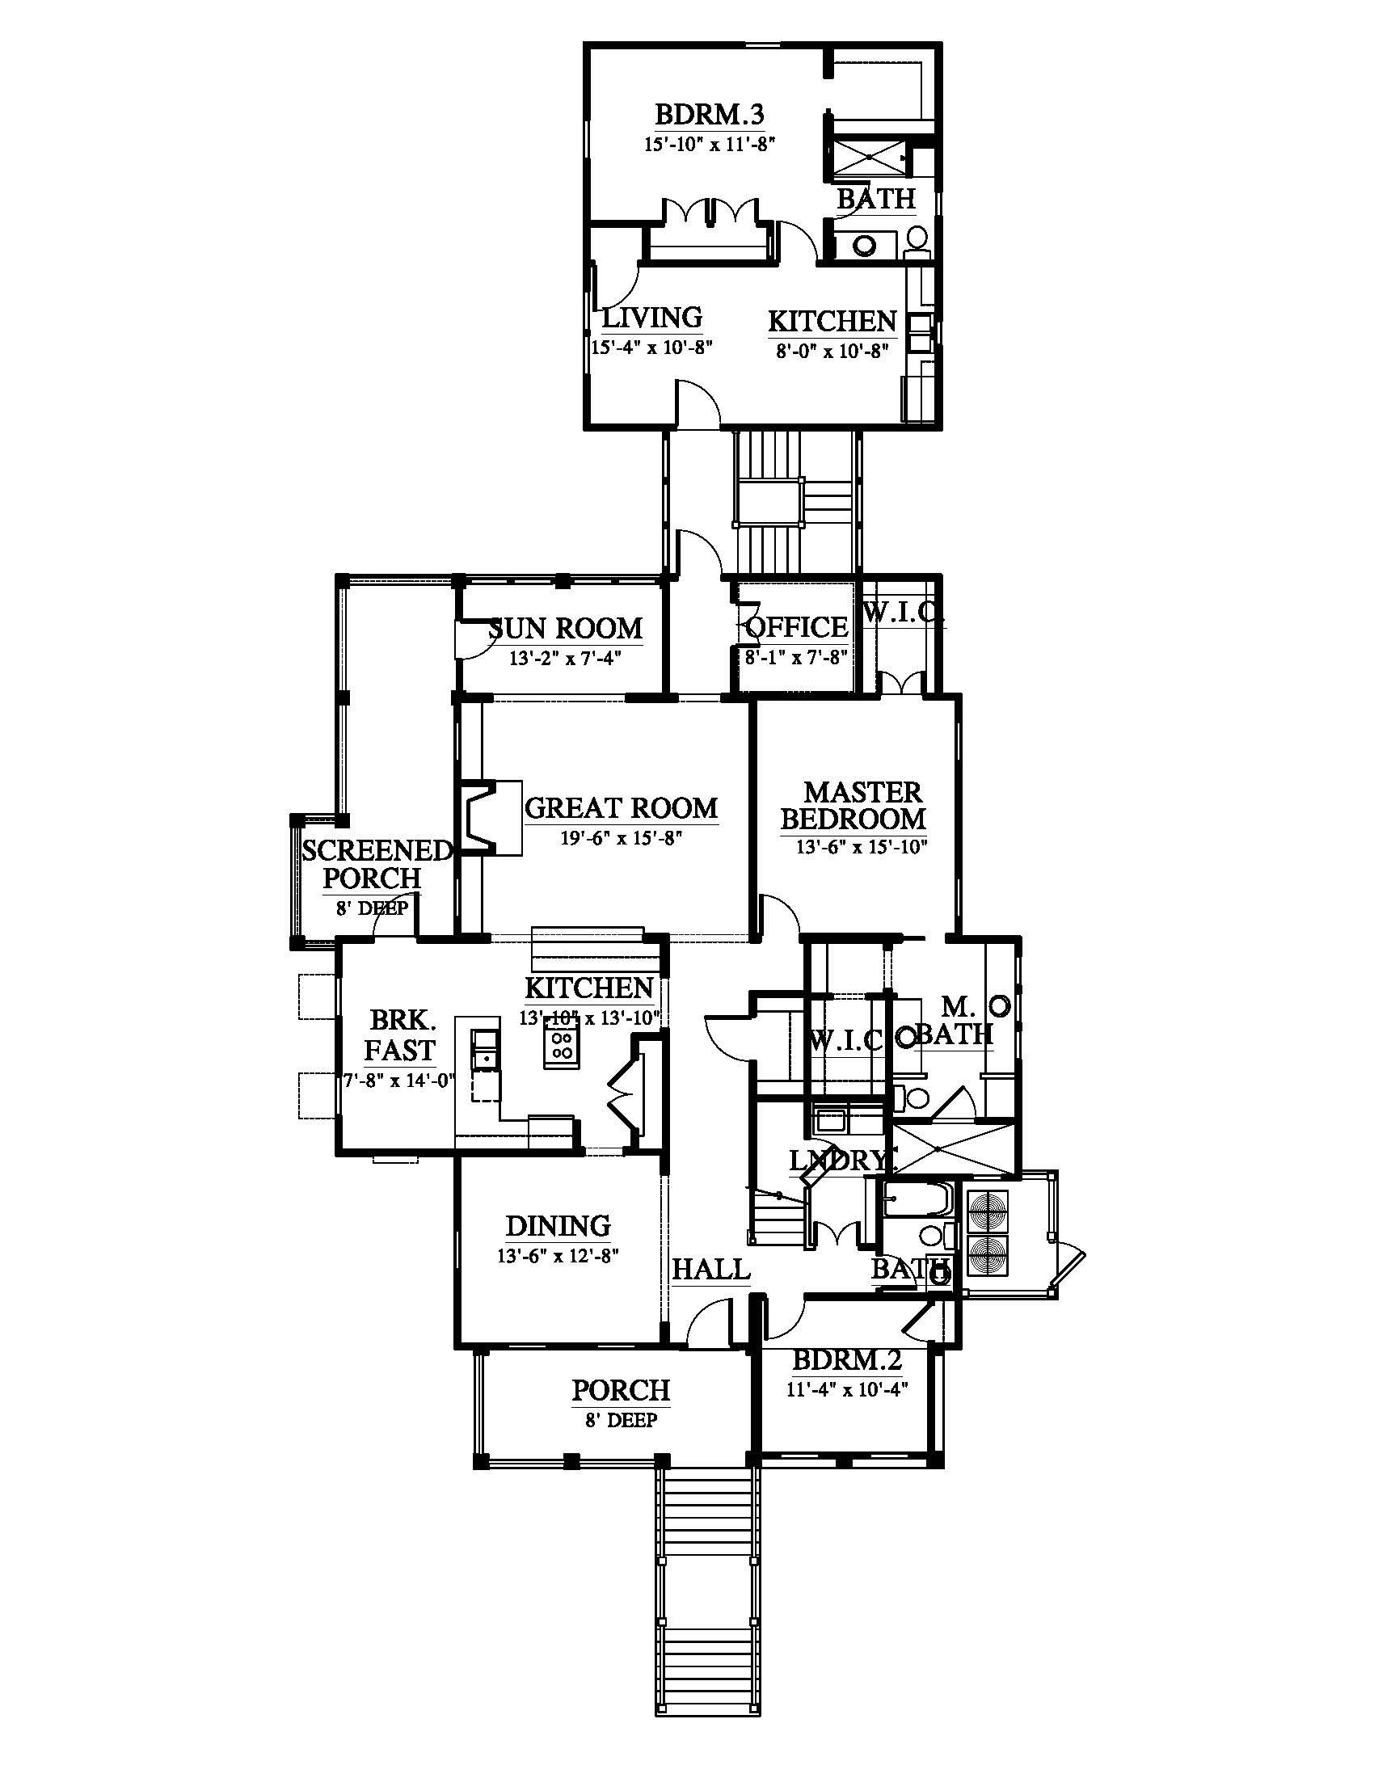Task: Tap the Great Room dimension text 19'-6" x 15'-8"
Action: coord(620,838)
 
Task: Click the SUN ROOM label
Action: coord(566,629)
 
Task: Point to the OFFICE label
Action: coord(797,627)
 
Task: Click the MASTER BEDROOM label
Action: coord(853,805)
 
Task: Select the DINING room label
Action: coord(558,1226)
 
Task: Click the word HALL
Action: coord(710,1269)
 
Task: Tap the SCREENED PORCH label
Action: coord(376,865)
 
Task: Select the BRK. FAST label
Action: coord(399,1034)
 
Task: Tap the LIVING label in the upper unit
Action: coord(652,317)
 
